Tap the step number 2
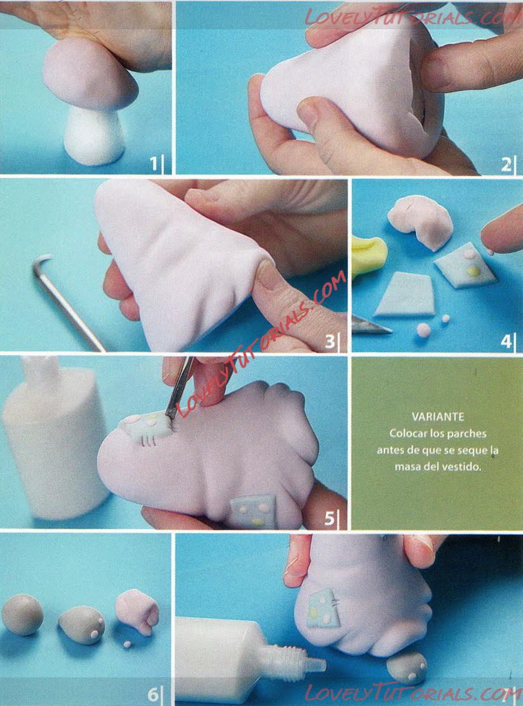[x=506, y=165]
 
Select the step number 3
[x=330, y=342]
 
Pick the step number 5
[x=330, y=519]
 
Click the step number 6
[x=153, y=694]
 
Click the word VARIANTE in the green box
[x=438, y=417]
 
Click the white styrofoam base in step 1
[x=94, y=135]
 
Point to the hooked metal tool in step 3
[x=67, y=301]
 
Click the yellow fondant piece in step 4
[x=368, y=255]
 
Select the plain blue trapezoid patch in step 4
[x=405, y=293]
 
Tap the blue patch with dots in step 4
[x=465, y=266]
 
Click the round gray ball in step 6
[x=22, y=614]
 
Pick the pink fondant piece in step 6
[x=137, y=611]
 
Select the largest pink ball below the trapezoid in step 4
[x=423, y=330]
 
